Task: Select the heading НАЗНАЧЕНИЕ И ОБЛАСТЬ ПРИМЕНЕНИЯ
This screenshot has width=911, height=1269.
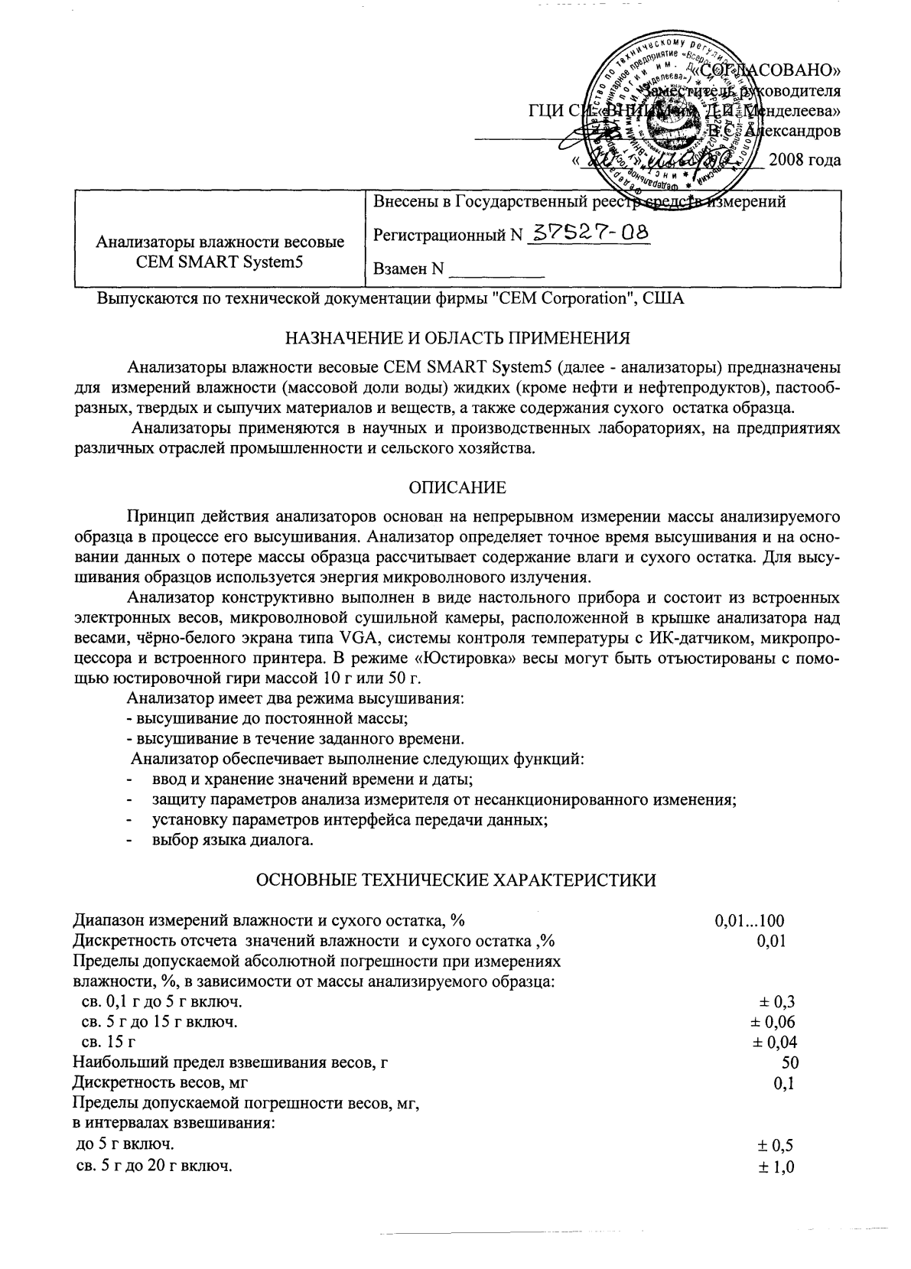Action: pos(457,337)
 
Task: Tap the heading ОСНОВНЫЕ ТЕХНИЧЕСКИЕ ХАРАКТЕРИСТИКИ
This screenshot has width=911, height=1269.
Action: pos(455,880)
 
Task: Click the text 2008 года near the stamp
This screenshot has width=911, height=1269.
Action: pos(804,160)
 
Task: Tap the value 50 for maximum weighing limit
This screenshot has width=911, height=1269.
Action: pos(789,1062)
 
